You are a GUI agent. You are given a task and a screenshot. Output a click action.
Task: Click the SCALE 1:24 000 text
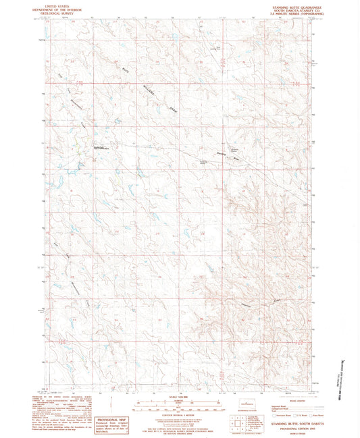[x=179, y=395]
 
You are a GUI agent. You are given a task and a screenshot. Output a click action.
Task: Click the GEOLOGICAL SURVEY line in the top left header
[x=55, y=14]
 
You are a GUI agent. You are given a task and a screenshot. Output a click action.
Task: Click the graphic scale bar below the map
[x=179, y=406]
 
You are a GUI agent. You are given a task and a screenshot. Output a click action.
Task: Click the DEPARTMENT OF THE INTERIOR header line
[x=55, y=10]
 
